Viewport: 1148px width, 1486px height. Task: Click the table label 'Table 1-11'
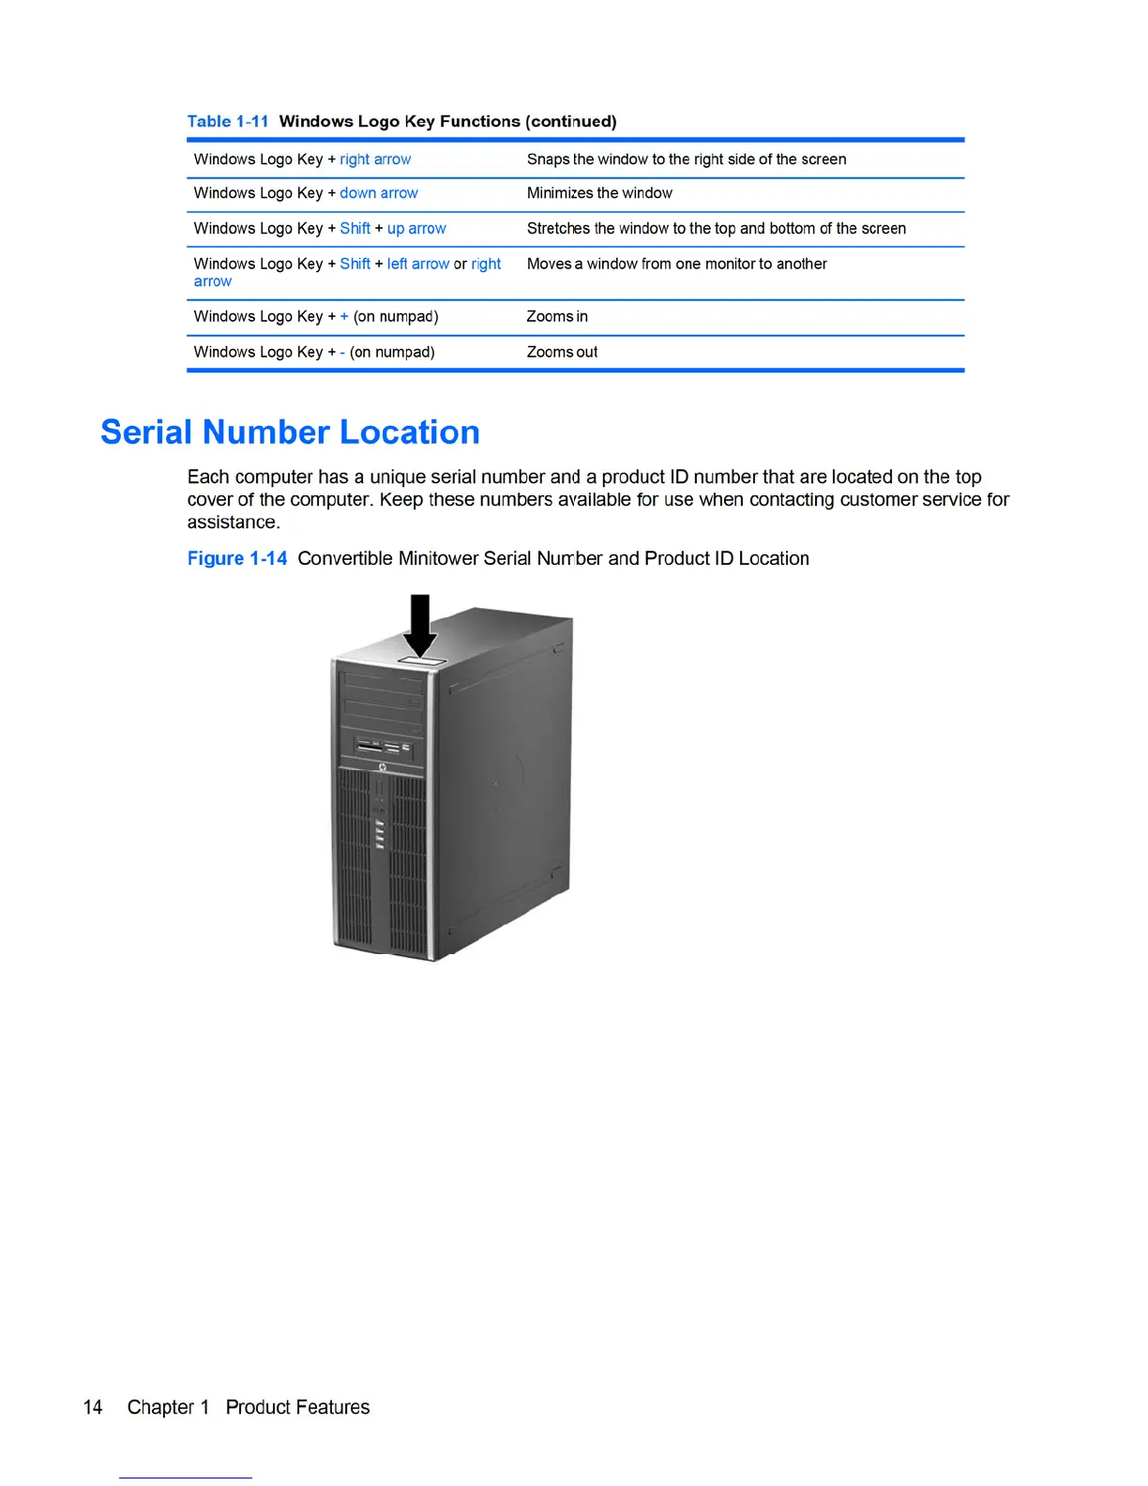(x=227, y=121)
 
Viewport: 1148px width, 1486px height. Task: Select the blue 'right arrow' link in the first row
(x=375, y=159)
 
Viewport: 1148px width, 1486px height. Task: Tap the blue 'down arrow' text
(x=379, y=193)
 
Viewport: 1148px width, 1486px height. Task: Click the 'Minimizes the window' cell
(x=599, y=193)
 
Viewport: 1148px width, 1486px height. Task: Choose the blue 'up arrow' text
(x=416, y=229)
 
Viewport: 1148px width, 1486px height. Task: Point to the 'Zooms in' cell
(x=557, y=317)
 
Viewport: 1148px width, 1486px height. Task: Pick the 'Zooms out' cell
(x=562, y=353)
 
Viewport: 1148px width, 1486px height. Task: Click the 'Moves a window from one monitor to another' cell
(x=676, y=265)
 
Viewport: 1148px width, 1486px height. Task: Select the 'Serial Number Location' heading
(x=290, y=432)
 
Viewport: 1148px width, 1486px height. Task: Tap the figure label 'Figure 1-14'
(x=237, y=559)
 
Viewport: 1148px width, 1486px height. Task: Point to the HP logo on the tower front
(x=383, y=768)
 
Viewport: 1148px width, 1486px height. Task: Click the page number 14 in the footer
(x=93, y=1407)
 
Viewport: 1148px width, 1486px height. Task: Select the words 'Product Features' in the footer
(x=297, y=1407)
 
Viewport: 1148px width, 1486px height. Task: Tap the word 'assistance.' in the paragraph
(x=234, y=523)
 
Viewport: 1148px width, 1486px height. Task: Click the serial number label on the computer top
(x=421, y=662)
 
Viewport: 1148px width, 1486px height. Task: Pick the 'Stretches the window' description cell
(x=716, y=229)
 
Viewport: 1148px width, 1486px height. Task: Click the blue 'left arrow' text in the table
(x=418, y=265)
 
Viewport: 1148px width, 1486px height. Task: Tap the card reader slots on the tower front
(x=383, y=748)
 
